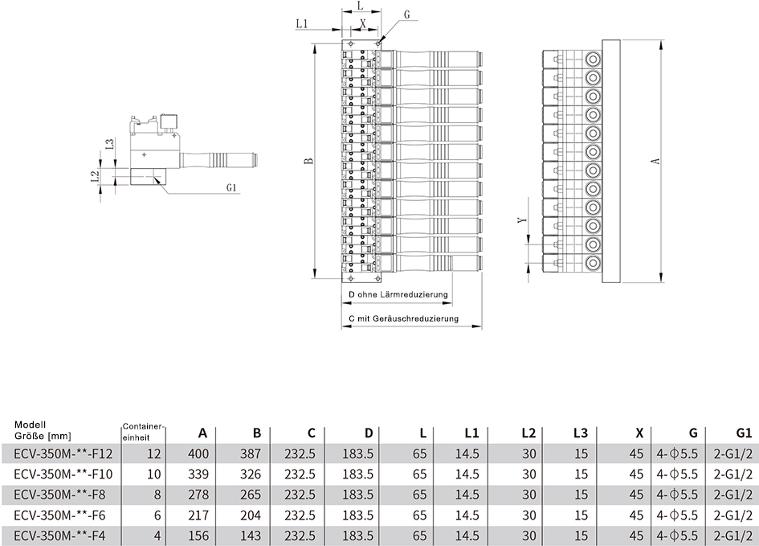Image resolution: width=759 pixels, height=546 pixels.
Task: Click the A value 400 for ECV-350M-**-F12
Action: click(198, 454)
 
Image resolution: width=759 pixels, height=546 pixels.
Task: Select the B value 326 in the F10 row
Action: click(251, 474)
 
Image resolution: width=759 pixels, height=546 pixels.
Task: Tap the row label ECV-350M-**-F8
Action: click(59, 495)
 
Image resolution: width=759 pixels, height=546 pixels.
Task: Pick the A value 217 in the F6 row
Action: click(198, 515)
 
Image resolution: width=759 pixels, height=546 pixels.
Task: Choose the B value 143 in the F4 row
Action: click(251, 536)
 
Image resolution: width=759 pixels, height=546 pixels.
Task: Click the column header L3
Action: click(581, 433)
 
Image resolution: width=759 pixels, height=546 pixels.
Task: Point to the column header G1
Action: click(743, 433)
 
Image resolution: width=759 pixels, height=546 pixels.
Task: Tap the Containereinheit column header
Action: click(144, 432)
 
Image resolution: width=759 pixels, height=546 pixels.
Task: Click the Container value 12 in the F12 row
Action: click(153, 454)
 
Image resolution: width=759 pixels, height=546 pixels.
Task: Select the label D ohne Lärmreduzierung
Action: click(398, 294)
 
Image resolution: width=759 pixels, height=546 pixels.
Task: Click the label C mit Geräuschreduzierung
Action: click(403, 318)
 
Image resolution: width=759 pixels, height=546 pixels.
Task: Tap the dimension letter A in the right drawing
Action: click(656, 160)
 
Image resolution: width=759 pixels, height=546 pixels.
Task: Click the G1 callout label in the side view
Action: click(231, 187)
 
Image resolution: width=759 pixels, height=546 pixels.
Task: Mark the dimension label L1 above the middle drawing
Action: click(301, 23)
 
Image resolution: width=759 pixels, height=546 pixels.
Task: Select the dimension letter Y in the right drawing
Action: click(521, 220)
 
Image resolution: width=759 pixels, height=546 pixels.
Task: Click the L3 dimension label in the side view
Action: click(110, 145)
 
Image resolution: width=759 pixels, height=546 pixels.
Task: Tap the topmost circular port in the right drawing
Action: click(593, 60)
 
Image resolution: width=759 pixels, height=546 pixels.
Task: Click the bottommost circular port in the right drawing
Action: click(593, 264)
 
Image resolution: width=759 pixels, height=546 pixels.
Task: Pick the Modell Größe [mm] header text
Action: click(43, 431)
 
